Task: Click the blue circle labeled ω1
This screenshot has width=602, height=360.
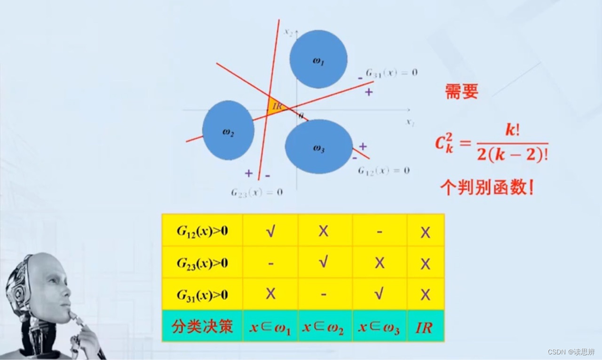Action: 318,59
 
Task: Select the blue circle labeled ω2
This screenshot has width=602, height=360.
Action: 228,131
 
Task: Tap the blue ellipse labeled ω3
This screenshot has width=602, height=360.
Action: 319,147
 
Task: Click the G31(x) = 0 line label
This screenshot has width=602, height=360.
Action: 392,73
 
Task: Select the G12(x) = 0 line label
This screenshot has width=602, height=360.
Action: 383,170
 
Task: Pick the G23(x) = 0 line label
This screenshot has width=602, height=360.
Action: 257,192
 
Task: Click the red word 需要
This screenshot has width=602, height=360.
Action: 461,92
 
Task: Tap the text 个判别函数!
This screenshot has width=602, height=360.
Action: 487,188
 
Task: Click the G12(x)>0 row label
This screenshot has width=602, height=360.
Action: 202,231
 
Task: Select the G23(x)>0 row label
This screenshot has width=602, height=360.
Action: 202,263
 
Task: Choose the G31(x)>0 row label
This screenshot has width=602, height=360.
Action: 202,295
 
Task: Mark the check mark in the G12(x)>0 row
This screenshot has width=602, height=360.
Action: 270,231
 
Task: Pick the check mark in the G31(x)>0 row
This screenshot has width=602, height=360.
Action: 379,295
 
